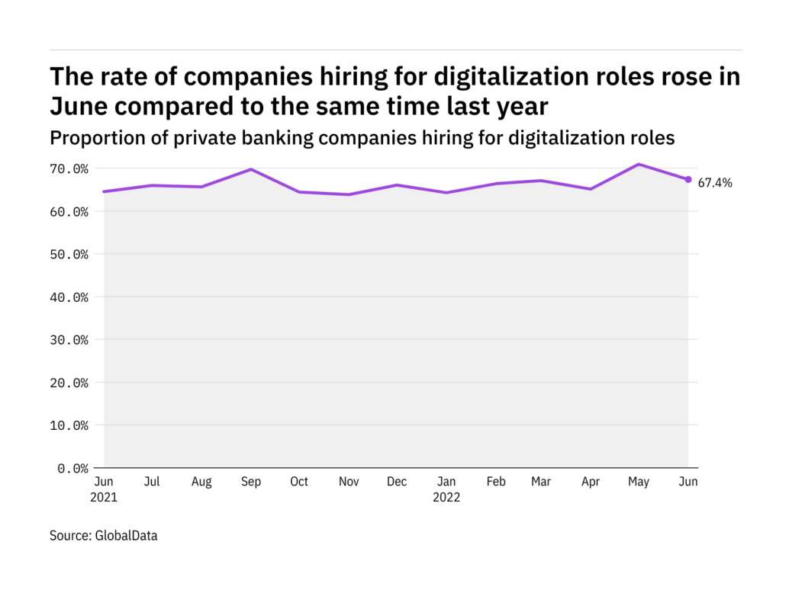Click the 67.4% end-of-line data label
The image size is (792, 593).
coord(715,183)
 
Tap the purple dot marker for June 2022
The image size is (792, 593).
coord(688,180)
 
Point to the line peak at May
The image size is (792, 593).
coord(639,164)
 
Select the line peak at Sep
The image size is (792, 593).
coord(251,169)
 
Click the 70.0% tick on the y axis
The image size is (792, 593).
coord(69,168)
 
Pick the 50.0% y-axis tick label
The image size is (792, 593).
coord(69,254)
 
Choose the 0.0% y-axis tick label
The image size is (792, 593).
coord(72,468)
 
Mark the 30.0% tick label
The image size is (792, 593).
coord(69,339)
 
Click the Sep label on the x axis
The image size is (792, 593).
coord(251,482)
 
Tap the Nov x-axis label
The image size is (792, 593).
coord(348,482)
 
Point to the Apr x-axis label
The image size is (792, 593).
coord(591,482)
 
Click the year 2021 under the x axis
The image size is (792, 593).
coord(105,498)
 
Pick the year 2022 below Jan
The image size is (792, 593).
coord(446,498)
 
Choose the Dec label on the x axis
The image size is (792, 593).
coord(397,482)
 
